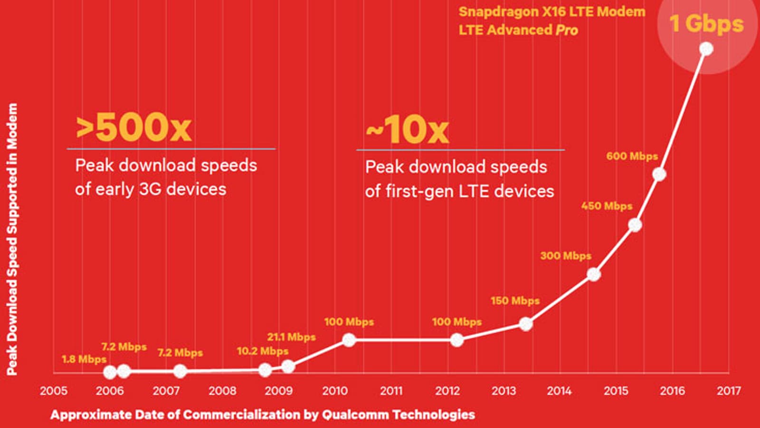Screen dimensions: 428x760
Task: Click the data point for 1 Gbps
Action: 706,49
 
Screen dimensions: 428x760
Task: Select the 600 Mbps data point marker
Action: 659,175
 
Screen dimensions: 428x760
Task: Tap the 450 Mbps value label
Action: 607,206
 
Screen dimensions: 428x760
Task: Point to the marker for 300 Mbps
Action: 593,274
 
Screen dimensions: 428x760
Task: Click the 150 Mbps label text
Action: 515,301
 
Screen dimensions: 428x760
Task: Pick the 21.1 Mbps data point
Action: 288,367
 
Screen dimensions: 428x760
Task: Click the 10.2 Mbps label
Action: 262,351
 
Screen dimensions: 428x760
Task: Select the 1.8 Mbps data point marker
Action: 110,372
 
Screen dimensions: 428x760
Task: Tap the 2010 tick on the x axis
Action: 335,391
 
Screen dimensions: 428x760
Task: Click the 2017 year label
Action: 729,391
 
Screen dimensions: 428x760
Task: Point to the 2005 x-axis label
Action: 54,391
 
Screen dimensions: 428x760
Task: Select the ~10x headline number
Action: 407,129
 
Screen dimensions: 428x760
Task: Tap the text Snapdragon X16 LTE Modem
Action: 552,12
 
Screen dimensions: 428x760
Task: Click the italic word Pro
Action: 567,30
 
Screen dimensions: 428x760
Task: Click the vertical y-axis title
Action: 12,239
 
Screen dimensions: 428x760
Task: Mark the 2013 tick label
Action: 503,391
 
